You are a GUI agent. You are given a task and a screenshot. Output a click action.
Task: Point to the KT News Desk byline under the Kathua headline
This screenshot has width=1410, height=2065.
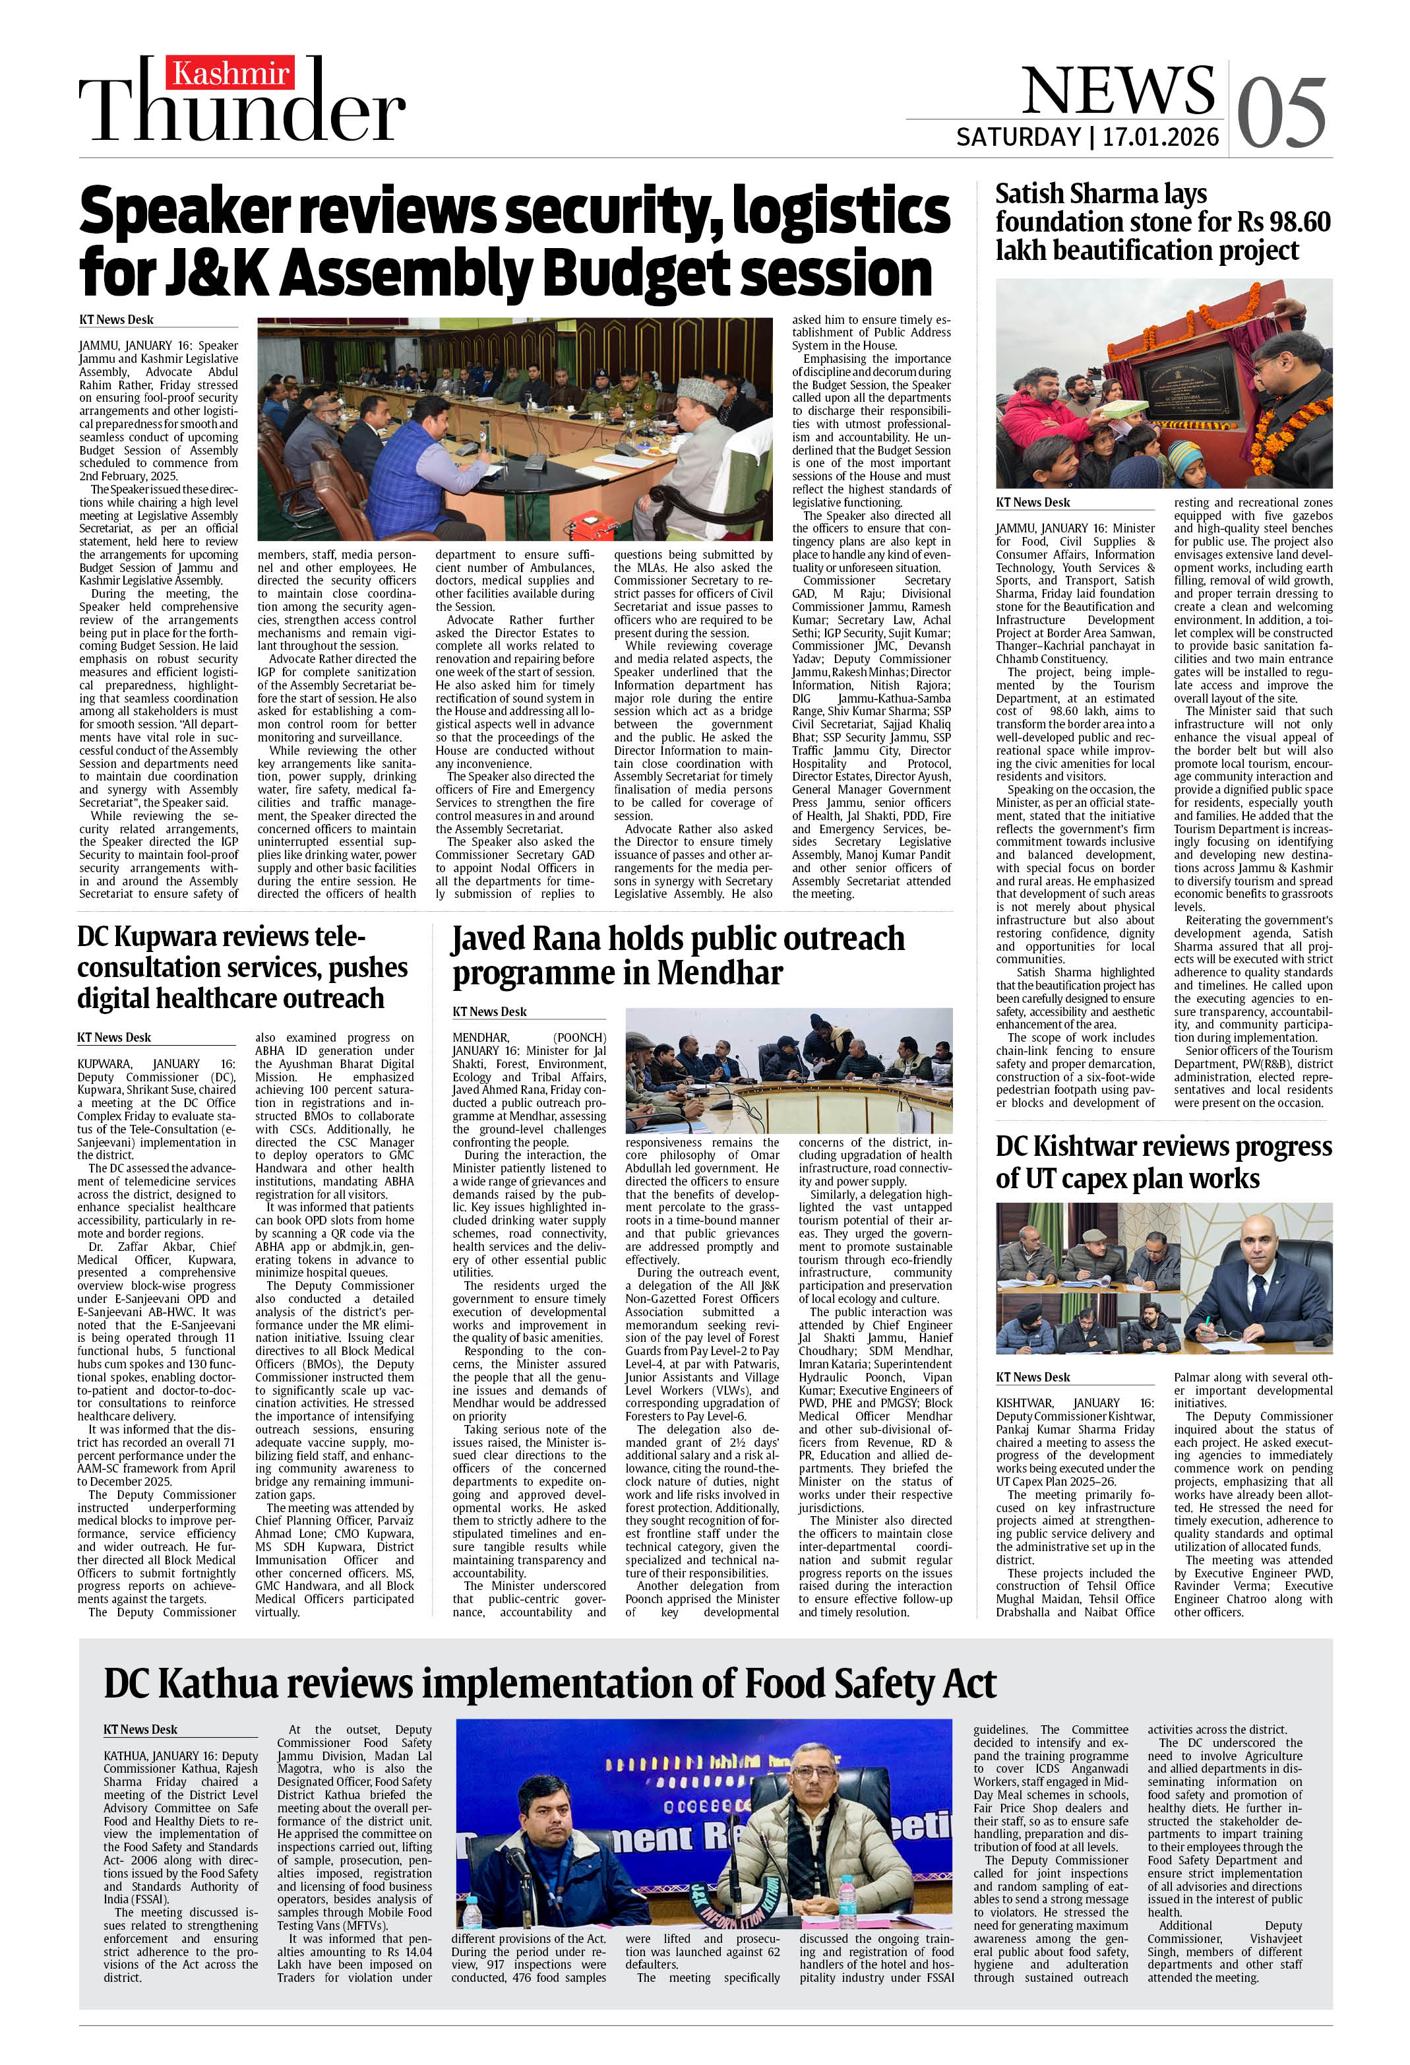(x=140, y=1729)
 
